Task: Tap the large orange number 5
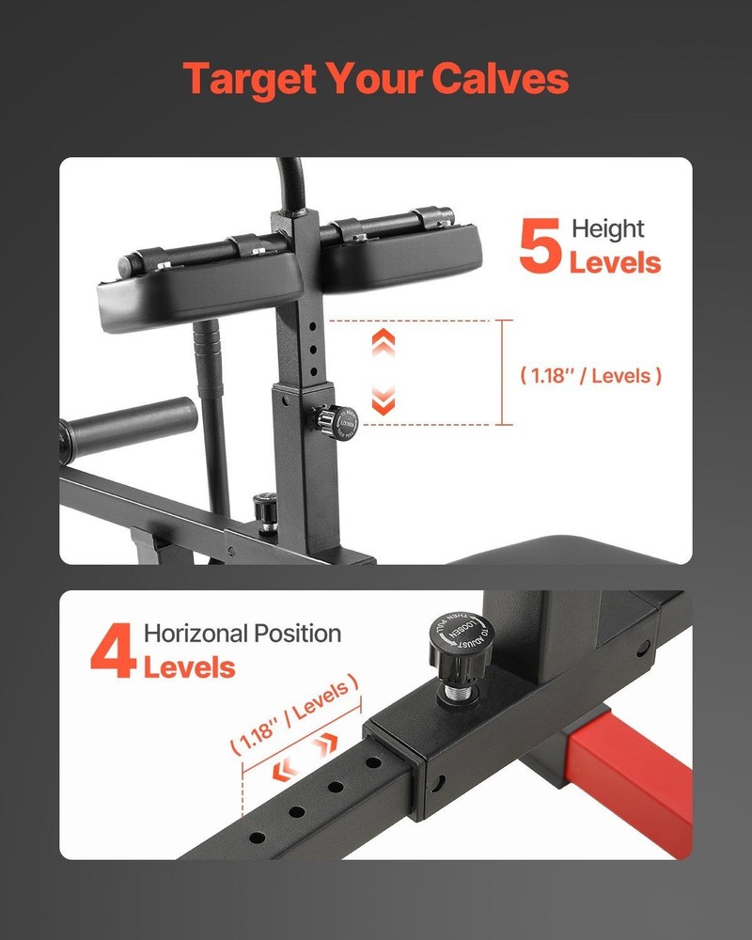[x=540, y=247]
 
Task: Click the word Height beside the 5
[x=608, y=229]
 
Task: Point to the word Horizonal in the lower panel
[x=195, y=634]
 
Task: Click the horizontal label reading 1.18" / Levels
[x=591, y=375]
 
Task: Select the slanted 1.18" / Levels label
[x=294, y=713]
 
